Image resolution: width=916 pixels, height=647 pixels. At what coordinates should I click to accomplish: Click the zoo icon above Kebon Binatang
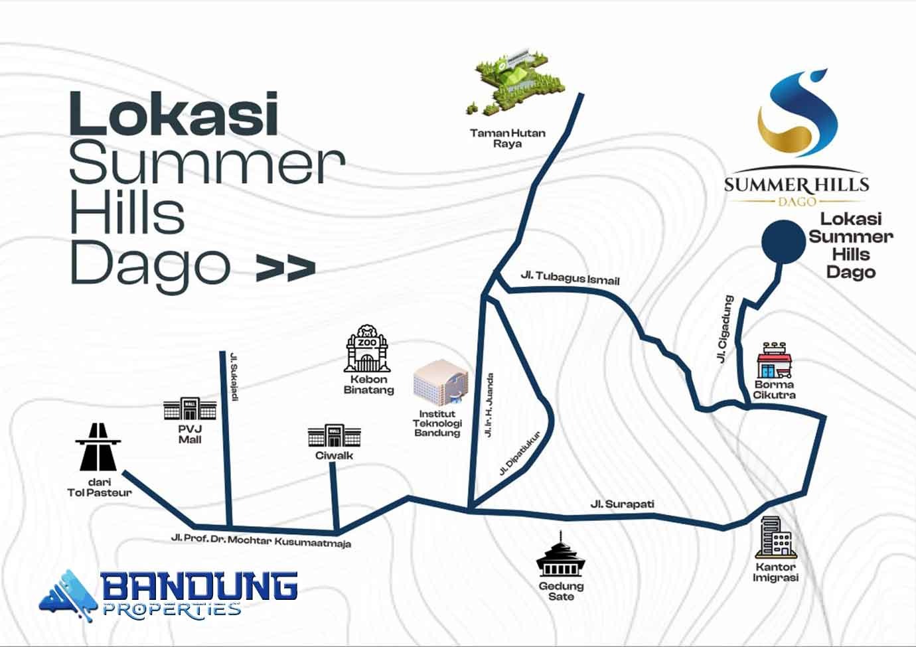tap(367, 348)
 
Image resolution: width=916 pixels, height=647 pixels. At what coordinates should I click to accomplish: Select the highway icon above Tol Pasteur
tap(98, 447)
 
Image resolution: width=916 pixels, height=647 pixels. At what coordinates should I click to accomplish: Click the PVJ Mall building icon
tap(190, 408)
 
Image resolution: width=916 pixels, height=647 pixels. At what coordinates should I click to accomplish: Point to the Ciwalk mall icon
tap(334, 435)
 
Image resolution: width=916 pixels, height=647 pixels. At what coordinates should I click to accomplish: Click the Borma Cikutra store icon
tap(774, 360)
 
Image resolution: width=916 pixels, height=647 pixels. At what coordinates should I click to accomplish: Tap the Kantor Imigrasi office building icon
tap(775, 537)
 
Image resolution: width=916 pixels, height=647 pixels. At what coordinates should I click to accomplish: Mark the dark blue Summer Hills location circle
tap(783, 242)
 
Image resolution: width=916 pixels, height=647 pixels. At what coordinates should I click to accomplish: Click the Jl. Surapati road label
tap(622, 504)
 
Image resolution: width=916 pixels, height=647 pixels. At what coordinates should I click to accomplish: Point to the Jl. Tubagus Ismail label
tap(570, 278)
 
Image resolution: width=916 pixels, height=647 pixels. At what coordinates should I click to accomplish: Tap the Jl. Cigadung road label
tap(725, 329)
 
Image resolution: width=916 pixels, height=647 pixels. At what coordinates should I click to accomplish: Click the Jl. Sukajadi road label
tap(234, 376)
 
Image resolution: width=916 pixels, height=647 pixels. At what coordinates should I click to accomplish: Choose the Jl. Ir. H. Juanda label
tap(489, 405)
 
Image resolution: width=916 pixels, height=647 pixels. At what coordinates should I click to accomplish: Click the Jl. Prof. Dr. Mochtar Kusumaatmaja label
tap(261, 540)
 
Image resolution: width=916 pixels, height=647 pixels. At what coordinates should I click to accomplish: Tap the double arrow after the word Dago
tap(286, 268)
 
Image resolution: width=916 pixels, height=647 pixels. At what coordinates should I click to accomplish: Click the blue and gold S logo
tap(797, 113)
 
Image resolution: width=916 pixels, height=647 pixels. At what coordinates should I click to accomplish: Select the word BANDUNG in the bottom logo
tap(200, 587)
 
